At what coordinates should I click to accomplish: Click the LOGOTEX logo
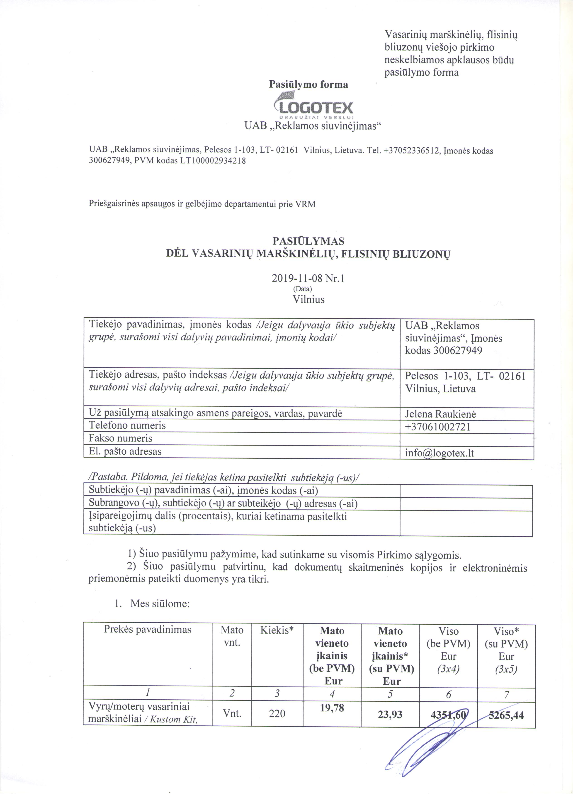click(x=313, y=106)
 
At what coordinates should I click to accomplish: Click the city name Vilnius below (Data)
click(x=308, y=299)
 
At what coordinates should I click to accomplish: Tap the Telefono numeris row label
click(x=127, y=425)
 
